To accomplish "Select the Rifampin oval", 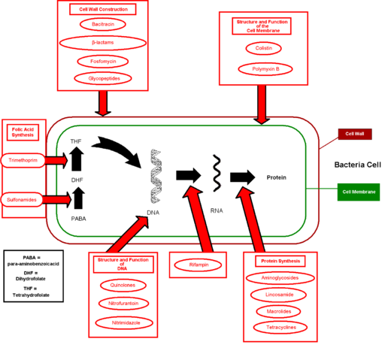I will point(198,264).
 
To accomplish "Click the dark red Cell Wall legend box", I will point(354,134).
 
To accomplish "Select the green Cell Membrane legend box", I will point(358,192).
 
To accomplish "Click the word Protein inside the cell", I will point(277,178).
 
